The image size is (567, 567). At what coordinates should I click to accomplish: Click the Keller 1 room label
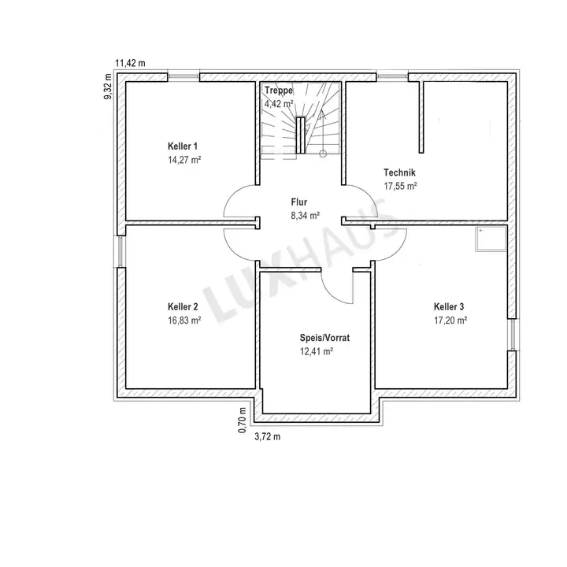pos(183,146)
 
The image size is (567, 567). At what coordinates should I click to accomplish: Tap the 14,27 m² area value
pos(184,160)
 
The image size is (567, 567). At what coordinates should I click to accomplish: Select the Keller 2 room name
pos(183,307)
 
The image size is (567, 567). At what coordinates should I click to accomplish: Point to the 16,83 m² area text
pos(184,321)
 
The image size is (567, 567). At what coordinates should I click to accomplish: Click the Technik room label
pos(399,172)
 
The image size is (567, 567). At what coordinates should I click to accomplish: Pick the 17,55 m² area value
pos(400,186)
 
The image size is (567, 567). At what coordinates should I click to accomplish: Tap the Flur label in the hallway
pos(299,202)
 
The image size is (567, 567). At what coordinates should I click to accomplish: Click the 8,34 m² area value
pos(306,216)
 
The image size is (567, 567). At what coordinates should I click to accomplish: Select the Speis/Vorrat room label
pos(324,338)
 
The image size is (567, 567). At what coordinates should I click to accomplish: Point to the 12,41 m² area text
pos(317,351)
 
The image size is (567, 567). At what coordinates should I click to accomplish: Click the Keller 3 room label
pos(449,307)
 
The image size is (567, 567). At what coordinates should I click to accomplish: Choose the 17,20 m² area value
pos(450,321)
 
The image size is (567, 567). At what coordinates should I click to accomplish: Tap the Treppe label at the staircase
pos(279,91)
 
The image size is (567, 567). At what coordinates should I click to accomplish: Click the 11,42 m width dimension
pos(130,63)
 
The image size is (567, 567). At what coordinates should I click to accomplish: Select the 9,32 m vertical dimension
pos(108,87)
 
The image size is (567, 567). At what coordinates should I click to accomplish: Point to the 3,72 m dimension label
pos(268,437)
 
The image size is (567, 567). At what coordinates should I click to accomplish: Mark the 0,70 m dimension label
pos(243,421)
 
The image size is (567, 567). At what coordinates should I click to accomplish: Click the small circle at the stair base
pos(323,154)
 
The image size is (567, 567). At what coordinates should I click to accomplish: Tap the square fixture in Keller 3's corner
pos(491,239)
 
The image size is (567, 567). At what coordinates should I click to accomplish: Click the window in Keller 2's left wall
pos(120,252)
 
